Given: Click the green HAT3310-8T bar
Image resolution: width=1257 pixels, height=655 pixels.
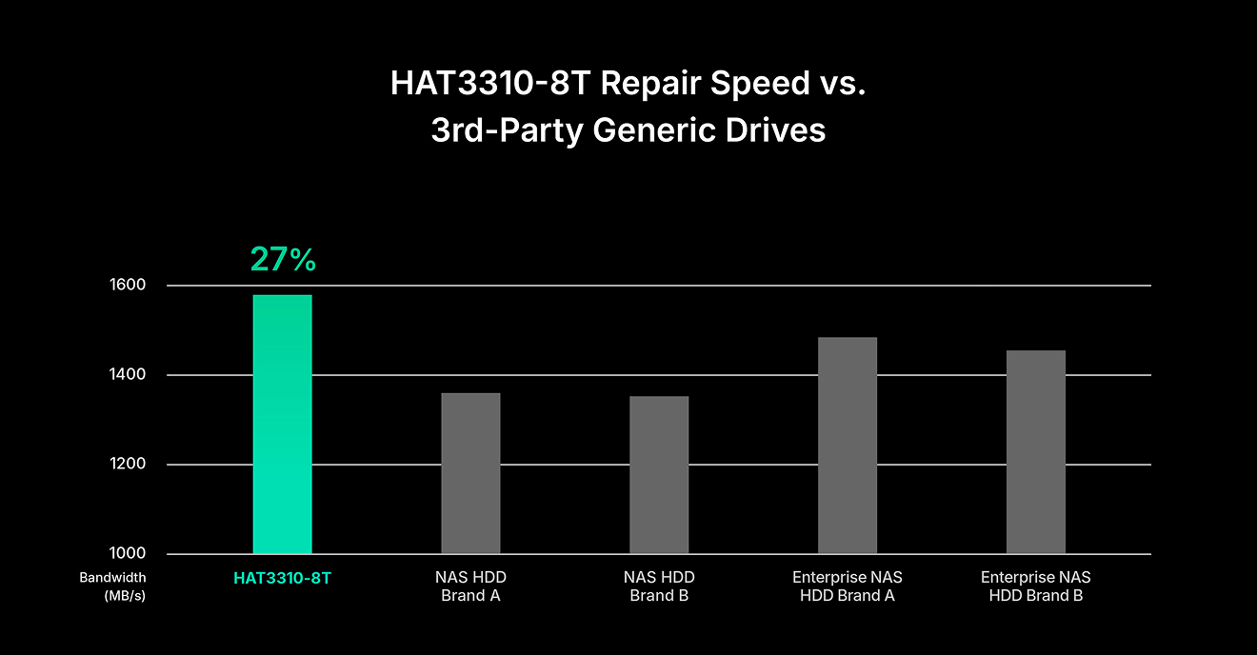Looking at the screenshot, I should click(282, 425).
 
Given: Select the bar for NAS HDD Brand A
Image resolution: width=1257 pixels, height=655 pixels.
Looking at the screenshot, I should click(470, 473).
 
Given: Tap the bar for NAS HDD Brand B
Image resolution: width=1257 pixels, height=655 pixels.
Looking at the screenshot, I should click(659, 475).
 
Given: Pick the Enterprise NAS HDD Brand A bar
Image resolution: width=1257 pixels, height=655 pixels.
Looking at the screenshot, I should click(848, 446).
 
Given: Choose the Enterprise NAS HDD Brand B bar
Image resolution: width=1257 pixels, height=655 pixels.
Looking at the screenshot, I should click(1036, 452).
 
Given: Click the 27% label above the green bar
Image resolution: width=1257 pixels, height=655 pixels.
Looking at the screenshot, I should click(283, 259).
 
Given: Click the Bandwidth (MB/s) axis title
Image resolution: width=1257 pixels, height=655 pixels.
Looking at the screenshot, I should click(112, 586).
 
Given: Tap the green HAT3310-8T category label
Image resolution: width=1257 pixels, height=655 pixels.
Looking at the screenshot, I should click(282, 578).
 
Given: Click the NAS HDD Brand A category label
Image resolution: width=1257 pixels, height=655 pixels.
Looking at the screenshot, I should click(470, 586).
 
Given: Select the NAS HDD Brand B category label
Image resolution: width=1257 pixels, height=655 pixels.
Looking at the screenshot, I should click(659, 586).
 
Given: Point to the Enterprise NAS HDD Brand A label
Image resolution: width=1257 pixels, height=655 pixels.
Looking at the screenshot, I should click(848, 586).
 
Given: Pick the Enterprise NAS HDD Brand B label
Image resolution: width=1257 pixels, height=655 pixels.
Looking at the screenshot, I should click(1036, 586).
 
